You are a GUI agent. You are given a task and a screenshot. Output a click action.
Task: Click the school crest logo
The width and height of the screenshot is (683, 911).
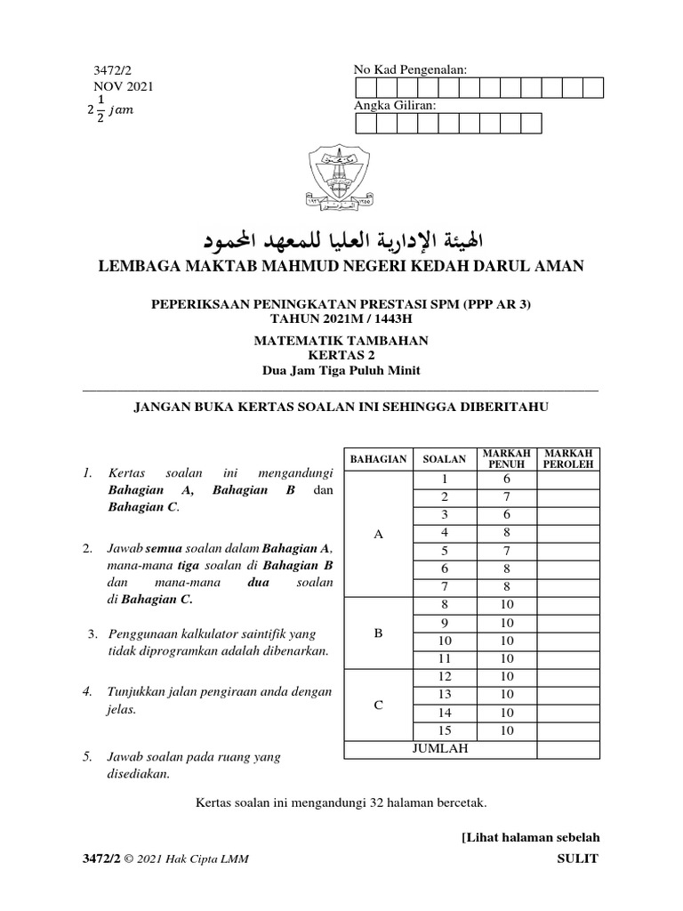point(341,174)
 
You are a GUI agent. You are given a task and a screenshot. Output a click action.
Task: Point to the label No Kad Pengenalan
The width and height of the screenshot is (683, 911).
point(410,70)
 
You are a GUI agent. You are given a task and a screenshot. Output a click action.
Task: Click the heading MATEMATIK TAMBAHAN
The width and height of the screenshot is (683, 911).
point(341,340)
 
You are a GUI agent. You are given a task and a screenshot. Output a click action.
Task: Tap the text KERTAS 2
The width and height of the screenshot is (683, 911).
point(341,355)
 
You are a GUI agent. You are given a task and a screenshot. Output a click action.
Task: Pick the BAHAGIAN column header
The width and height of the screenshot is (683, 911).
point(378,460)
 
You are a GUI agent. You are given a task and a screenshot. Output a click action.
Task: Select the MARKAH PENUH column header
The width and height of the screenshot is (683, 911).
point(506,460)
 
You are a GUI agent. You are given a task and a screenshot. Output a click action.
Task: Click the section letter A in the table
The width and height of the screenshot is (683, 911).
point(378,534)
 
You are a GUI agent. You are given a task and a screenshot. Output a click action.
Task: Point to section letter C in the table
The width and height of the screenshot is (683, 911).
point(378,705)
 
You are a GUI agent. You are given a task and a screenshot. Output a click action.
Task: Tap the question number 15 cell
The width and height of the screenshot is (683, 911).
point(445,731)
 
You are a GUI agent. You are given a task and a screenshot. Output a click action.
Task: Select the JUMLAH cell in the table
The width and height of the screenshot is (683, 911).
point(439,749)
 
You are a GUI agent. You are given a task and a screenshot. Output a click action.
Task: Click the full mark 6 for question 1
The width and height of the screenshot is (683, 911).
point(506,480)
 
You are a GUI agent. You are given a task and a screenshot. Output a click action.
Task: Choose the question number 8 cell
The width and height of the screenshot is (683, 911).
point(445,605)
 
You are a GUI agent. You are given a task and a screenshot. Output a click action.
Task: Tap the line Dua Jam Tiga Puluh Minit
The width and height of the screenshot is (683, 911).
point(341,370)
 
